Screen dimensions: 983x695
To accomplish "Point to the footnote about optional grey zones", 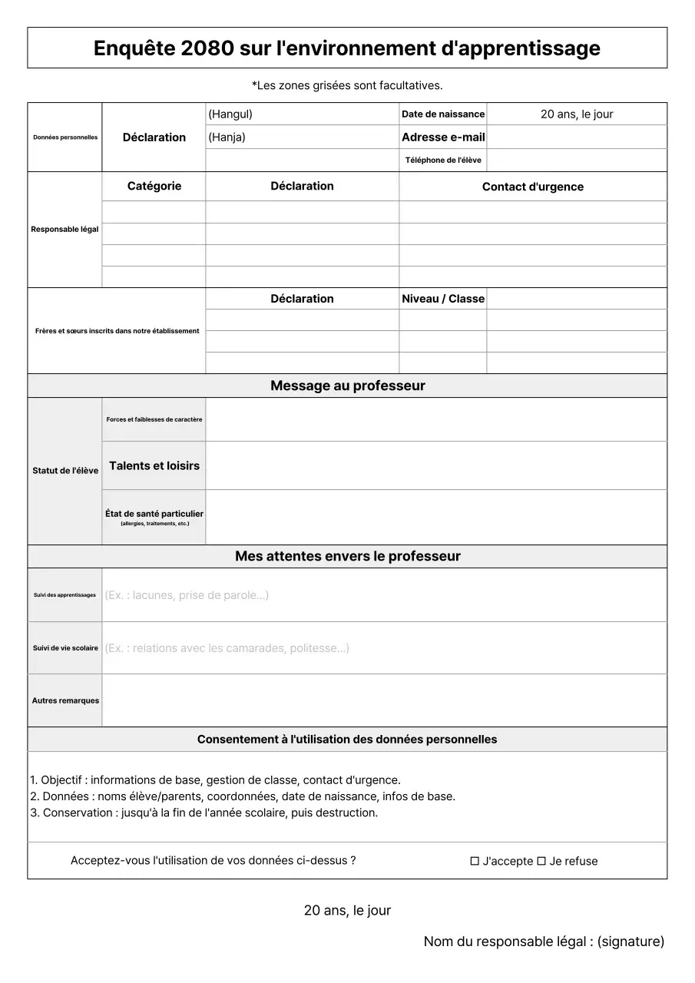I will pos(347,85).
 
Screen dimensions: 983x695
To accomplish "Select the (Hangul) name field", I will pos(302,114).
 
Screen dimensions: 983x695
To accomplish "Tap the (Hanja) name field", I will pos(302,137).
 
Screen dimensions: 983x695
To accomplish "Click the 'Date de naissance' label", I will pos(443,114).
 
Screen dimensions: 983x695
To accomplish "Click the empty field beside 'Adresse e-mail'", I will pos(577,137).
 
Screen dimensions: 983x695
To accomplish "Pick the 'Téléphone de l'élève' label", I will pos(443,160).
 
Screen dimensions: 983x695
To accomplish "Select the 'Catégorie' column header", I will pos(154,186).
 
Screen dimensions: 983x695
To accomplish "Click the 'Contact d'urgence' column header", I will pos(533,187).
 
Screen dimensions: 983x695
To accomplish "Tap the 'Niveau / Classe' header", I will pos(443,299).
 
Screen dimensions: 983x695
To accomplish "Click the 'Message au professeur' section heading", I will pos(347,386).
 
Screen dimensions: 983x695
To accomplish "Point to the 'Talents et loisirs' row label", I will pos(154,465).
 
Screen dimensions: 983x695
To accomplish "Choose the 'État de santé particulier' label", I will pos(154,514).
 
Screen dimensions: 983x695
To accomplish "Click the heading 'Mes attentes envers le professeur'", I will pos(347,556).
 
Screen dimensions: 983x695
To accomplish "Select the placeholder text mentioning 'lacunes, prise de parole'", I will pos(187,595).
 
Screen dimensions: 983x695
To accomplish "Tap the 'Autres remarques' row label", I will pos(65,700).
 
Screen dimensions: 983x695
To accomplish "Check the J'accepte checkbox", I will pos(475,861).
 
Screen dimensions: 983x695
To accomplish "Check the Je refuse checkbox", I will pos(541,861).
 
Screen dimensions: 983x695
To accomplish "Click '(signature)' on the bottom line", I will pos(630,942).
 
